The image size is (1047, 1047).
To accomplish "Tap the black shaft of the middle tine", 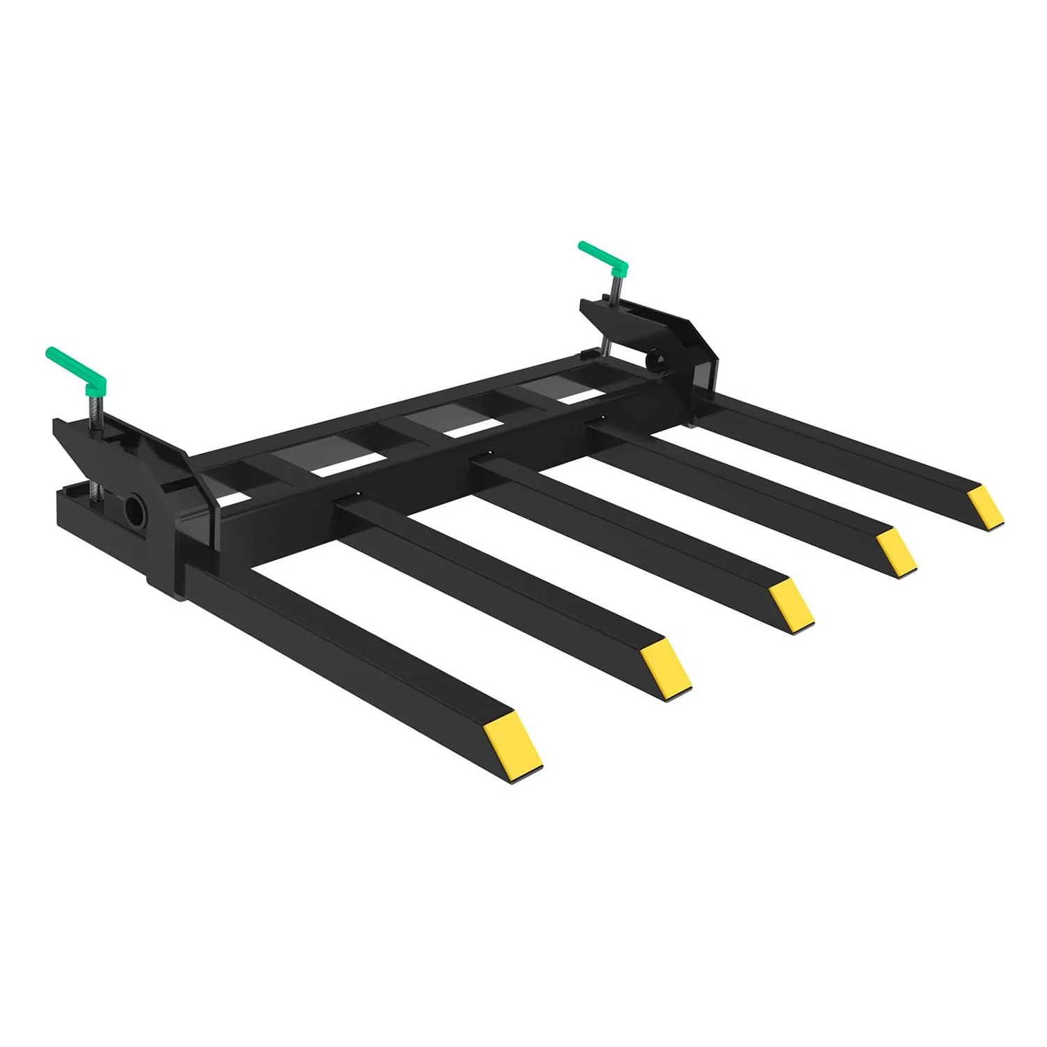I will [628, 530].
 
